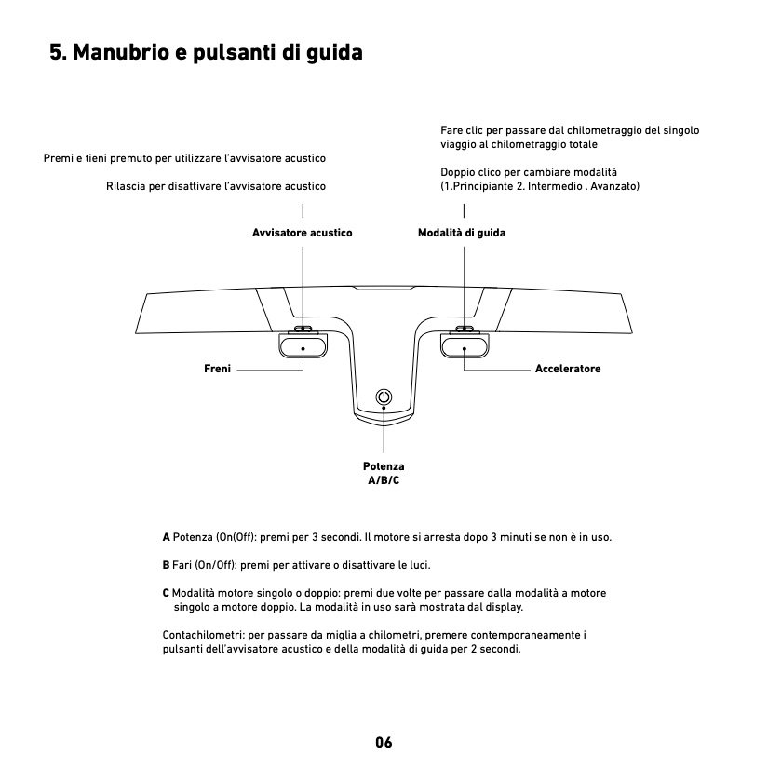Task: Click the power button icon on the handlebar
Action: [x=384, y=398]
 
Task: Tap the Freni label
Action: [x=217, y=370]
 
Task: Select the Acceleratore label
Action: [x=568, y=370]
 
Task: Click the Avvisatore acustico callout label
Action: [x=303, y=232]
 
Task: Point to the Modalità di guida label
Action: [x=462, y=232]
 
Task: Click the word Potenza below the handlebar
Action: [x=384, y=465]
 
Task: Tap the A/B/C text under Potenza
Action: [x=384, y=479]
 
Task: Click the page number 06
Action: [x=384, y=742]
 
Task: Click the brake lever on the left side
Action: [x=303, y=345]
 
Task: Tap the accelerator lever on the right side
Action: [x=465, y=345]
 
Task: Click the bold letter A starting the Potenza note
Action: [x=166, y=538]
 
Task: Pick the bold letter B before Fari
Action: [x=166, y=565]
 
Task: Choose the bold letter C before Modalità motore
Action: [x=166, y=592]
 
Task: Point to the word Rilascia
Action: [x=127, y=187]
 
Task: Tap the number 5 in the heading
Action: [x=56, y=53]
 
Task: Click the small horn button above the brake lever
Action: [x=303, y=329]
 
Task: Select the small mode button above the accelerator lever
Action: [x=465, y=329]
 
